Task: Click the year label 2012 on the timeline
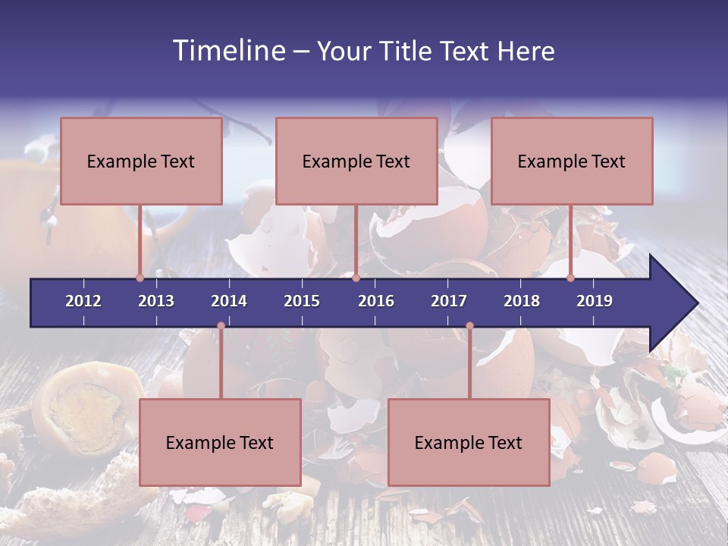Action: (83, 301)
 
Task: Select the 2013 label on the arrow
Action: (156, 301)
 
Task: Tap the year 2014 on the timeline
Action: (229, 301)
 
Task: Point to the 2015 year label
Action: (302, 301)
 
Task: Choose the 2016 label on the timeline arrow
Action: (376, 301)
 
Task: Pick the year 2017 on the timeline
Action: (449, 301)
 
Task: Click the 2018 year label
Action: (522, 301)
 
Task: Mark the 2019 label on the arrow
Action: (595, 301)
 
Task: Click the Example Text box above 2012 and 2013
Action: (141, 161)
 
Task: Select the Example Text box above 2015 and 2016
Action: (356, 161)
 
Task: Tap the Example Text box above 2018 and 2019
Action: (572, 161)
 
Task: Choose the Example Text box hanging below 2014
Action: (220, 442)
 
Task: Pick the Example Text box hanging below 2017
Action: (469, 442)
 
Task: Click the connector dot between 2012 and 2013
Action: (140, 278)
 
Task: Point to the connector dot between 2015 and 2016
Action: (356, 278)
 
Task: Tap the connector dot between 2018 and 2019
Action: (570, 278)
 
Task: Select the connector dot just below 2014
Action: (221, 326)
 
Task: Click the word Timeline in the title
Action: (227, 51)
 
